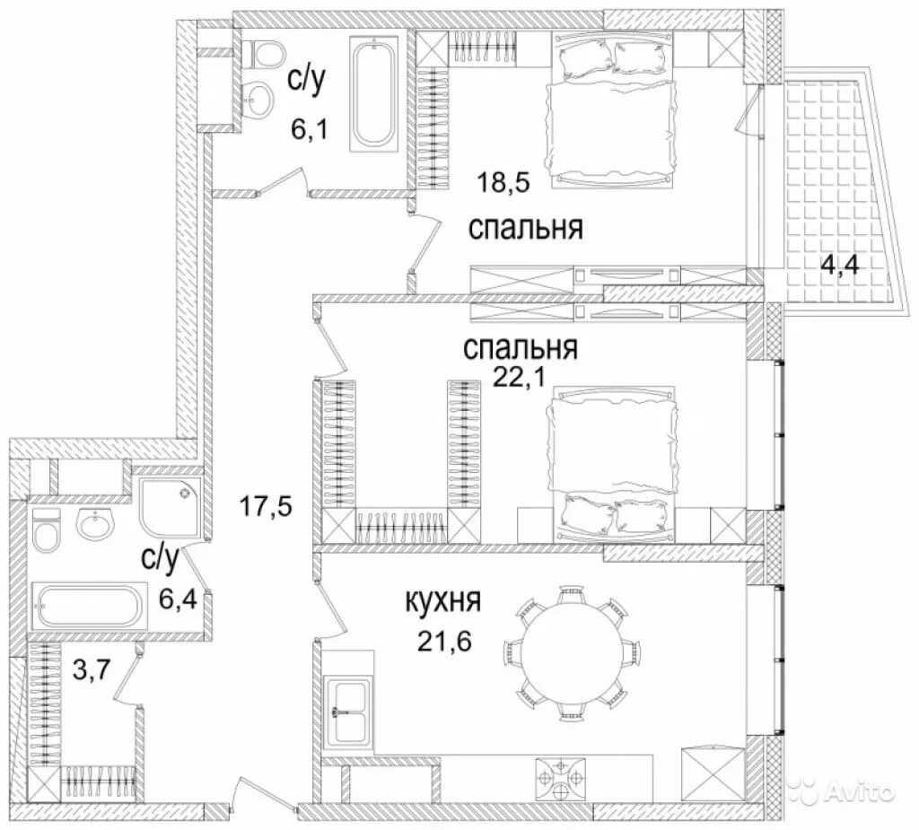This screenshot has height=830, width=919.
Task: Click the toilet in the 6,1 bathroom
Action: [x=264, y=57]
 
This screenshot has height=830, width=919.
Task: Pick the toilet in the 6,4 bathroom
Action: [x=45, y=538]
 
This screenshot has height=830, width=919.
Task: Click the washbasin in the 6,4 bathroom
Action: [x=94, y=523]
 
